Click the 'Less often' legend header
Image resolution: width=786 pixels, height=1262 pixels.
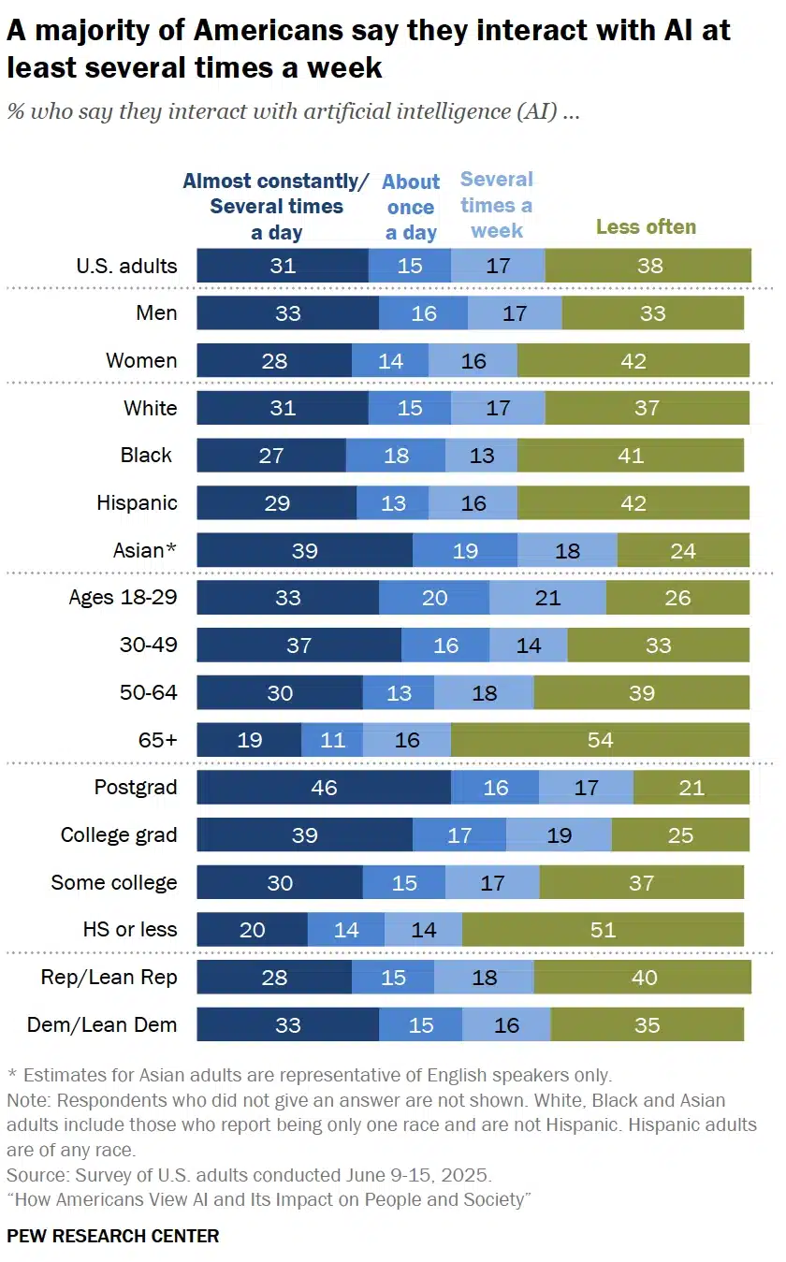point(647,226)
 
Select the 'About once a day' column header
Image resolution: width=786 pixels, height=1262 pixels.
point(411,207)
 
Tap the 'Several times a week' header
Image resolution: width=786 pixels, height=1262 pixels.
point(497,204)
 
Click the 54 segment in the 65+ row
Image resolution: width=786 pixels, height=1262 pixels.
point(600,740)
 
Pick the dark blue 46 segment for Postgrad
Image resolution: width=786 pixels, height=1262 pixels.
point(324,788)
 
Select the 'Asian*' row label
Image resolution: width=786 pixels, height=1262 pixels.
point(144,550)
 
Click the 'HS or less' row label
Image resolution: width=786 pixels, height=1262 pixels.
point(130,930)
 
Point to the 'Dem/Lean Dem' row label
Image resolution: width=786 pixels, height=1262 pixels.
point(103,1025)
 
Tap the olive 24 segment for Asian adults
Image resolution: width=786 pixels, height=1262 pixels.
point(683,550)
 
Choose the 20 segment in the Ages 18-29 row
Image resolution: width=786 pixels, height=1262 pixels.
point(434,598)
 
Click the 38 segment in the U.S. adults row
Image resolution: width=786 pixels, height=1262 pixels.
point(648,266)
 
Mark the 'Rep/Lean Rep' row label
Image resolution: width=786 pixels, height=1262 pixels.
point(109,978)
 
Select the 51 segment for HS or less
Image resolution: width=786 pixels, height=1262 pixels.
point(603,930)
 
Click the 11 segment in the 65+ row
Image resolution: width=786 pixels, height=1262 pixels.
point(332,740)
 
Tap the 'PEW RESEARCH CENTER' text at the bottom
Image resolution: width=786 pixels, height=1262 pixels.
point(113,1236)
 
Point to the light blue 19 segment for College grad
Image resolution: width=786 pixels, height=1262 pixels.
point(559,835)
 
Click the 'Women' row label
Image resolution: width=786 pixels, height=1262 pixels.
point(141,360)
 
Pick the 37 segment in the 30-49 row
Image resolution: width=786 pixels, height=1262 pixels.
point(298,646)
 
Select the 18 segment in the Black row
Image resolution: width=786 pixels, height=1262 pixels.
point(396,456)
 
